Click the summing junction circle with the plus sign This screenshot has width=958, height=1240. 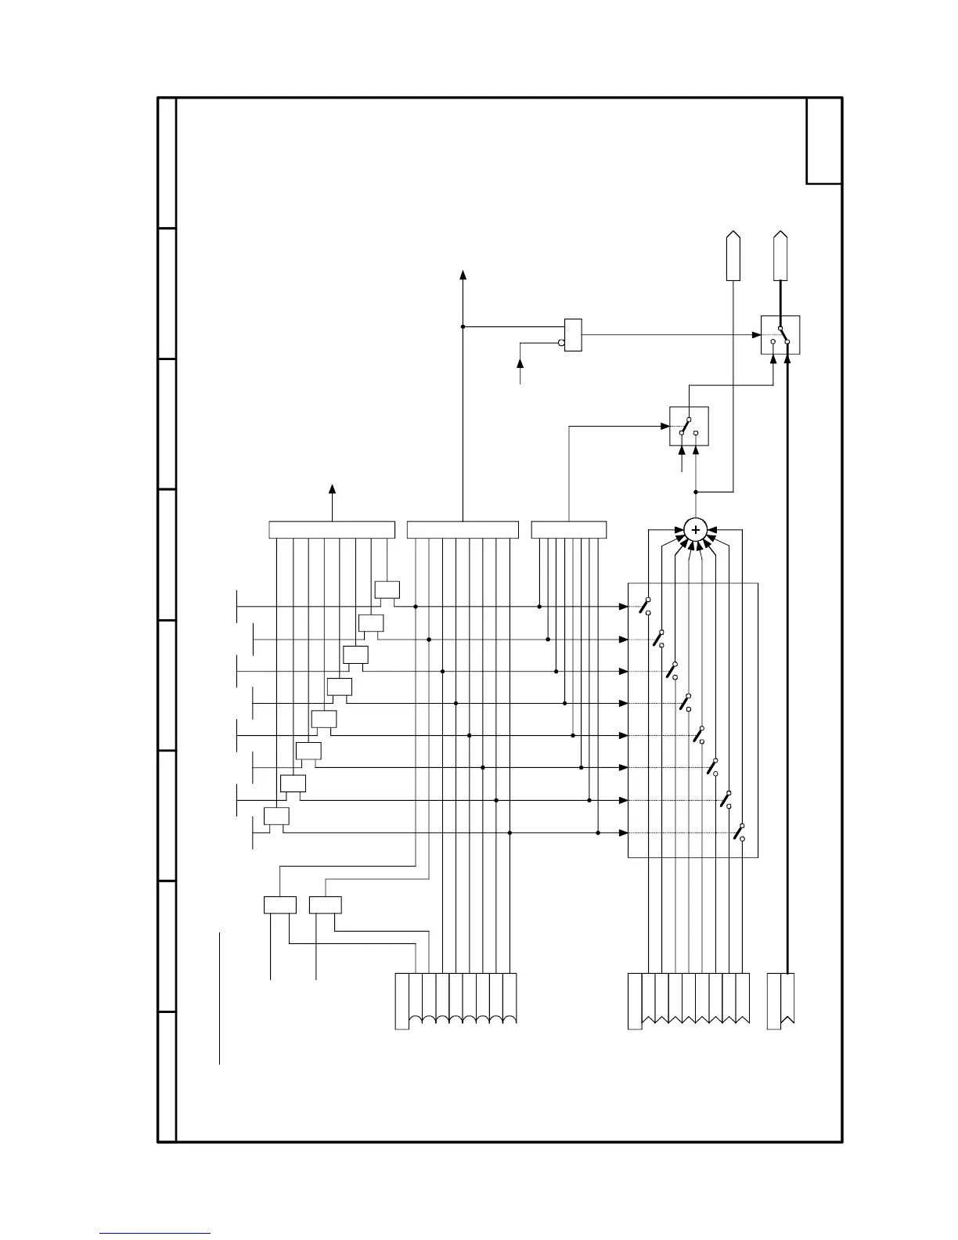(695, 530)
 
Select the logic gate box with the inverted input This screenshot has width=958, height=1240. (574, 335)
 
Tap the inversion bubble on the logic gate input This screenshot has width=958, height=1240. (561, 342)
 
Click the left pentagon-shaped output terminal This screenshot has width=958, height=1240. (733, 256)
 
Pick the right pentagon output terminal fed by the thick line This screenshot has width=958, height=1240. (780, 256)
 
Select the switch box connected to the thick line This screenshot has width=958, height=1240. (780, 335)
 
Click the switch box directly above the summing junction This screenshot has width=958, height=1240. (689, 426)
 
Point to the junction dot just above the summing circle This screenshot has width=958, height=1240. (695, 492)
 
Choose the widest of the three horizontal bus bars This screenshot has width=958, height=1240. (332, 530)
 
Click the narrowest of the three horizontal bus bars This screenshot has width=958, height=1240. (569, 530)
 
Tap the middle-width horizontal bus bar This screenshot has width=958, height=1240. (463, 530)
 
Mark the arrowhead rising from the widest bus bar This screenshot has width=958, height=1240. (332, 489)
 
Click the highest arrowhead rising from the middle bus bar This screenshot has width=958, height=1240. (463, 275)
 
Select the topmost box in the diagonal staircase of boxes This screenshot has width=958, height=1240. (387, 590)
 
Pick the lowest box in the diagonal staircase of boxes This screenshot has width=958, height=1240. (276, 816)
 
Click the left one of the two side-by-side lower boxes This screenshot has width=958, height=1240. (279, 904)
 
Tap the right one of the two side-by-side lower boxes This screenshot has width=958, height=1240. (325, 904)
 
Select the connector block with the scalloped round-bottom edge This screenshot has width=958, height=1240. (456, 1000)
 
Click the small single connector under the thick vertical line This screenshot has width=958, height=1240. (781, 1000)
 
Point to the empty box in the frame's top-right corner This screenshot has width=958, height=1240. (824, 141)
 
